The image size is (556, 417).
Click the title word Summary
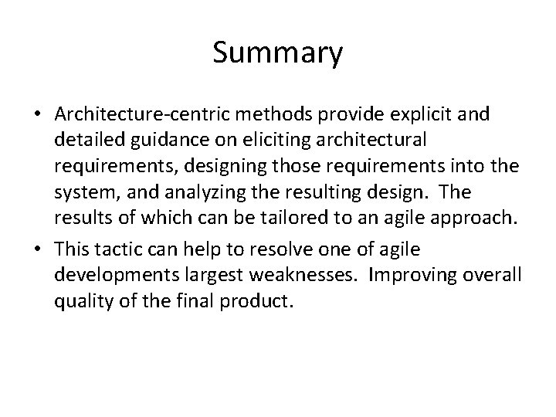point(277,53)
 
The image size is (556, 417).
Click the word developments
point(109,276)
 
